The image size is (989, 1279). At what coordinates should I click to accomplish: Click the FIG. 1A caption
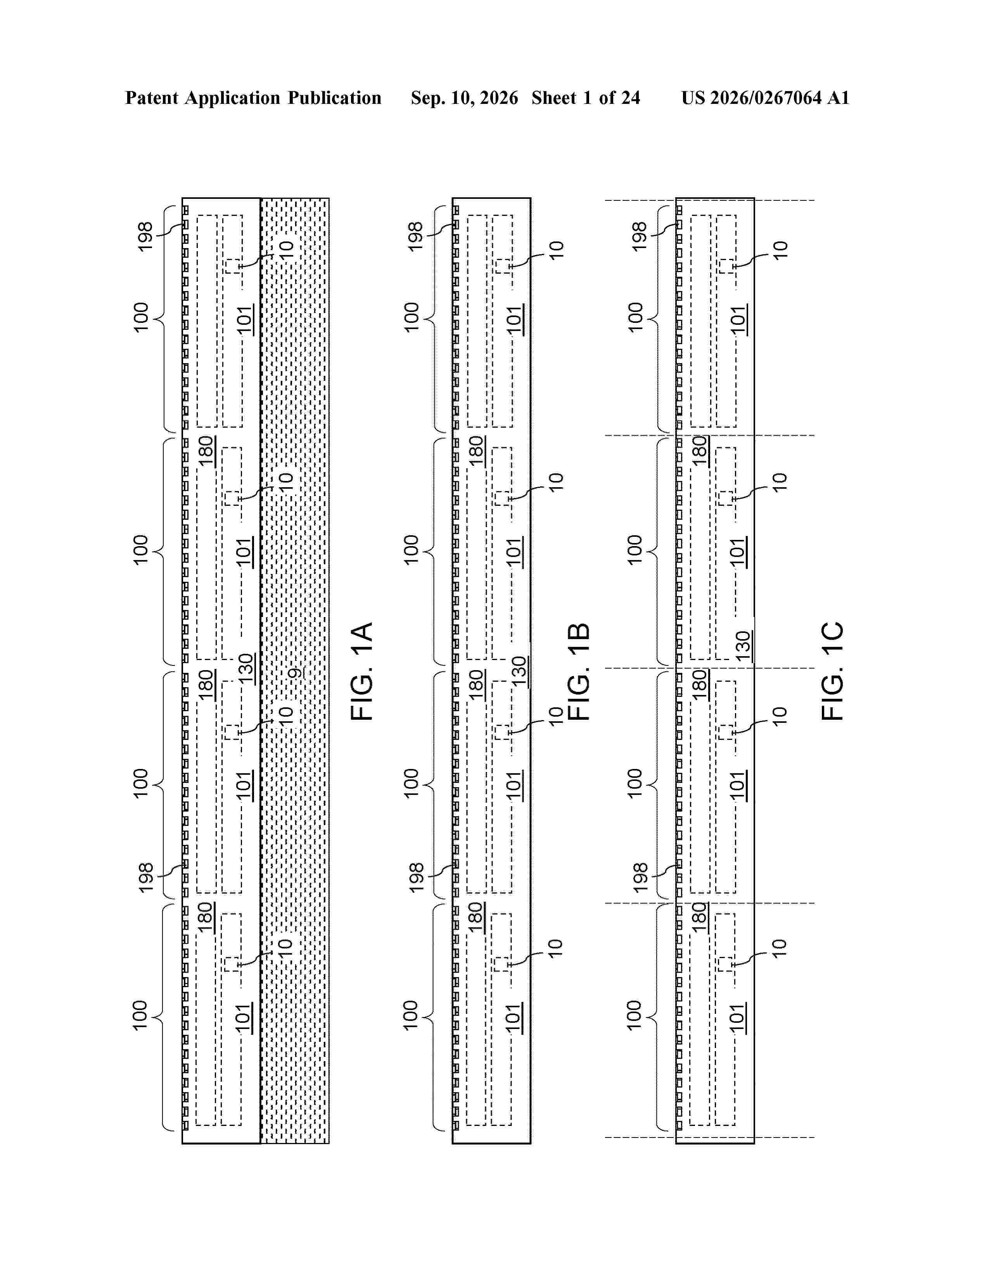362,671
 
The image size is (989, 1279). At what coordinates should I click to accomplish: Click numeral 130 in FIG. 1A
246,668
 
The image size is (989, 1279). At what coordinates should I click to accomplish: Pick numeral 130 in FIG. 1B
519,671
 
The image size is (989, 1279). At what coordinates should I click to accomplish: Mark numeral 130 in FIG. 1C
743,646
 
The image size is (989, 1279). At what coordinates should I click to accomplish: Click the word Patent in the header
152,98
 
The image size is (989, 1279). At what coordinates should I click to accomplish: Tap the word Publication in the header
334,98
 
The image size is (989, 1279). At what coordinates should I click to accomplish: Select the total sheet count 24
630,98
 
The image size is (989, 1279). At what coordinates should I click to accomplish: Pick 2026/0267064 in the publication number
766,98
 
